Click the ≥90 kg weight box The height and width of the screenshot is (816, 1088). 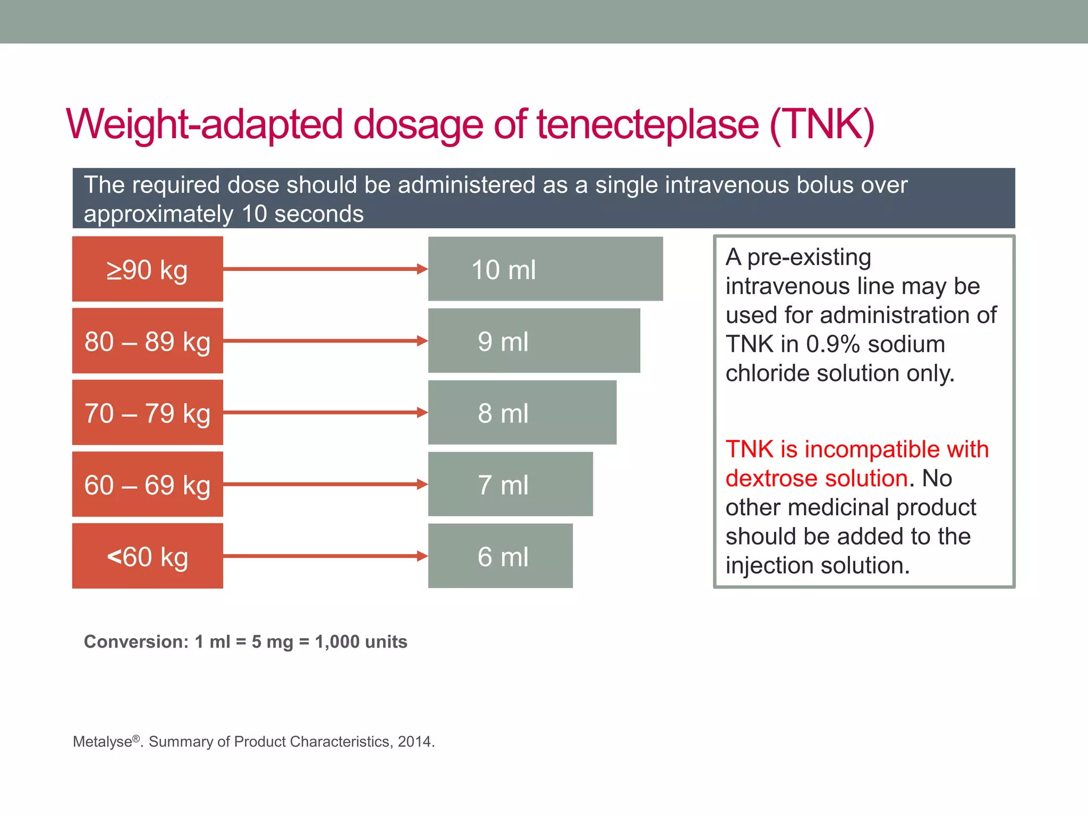(147, 269)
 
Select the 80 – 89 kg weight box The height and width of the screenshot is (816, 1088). (147, 341)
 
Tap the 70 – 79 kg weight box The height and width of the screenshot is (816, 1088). (147, 413)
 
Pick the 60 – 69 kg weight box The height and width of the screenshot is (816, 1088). (147, 484)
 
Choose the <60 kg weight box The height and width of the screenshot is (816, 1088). (147, 556)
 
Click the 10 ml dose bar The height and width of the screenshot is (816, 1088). (545, 269)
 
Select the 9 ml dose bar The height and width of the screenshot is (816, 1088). (534, 341)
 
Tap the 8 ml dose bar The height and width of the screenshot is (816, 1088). (522, 413)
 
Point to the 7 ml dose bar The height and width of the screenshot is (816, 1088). (510, 484)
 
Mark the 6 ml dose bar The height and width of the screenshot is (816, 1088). (500, 556)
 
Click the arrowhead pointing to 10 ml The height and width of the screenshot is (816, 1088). (422, 269)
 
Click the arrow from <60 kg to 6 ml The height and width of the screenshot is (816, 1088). (324, 556)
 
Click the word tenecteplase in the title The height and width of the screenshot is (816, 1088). (648, 125)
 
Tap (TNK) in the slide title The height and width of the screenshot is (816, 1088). (821, 125)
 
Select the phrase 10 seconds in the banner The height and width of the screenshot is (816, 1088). (302, 214)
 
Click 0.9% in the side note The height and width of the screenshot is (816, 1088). (832, 344)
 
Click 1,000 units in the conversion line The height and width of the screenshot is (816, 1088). (361, 642)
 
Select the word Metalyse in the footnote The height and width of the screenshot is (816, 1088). (103, 742)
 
